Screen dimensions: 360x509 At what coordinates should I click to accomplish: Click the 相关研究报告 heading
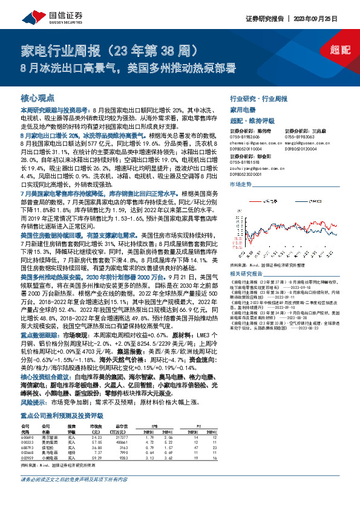(x=244, y=273)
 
